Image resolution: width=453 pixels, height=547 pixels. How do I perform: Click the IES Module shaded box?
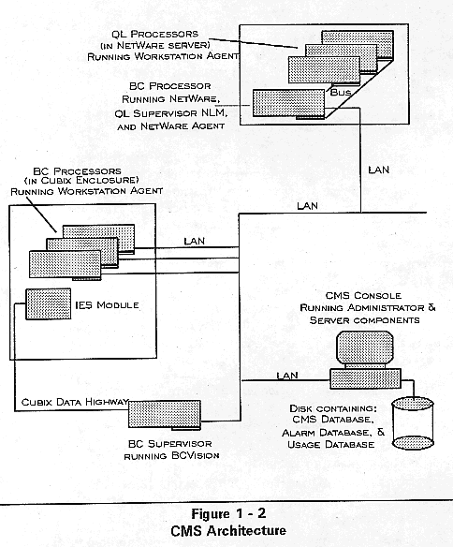pos(48,303)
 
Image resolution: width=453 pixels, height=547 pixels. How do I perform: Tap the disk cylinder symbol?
pos(413,423)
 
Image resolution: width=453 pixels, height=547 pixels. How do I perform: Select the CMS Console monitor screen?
pos(365,347)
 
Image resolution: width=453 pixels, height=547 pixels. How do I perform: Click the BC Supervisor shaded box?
pos(165,414)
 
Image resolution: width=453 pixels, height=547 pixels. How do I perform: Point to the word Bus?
pos(341,92)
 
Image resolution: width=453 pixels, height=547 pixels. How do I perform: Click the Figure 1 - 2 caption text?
pos(228,513)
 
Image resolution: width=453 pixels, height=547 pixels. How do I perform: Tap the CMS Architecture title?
pos(228,530)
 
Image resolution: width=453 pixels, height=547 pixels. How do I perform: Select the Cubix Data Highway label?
pos(75,402)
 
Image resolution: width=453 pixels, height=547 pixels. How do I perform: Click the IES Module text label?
pos(107,305)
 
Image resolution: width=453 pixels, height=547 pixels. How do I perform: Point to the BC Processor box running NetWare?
pos(288,103)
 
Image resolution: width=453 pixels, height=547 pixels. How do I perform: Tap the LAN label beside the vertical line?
pos(379,170)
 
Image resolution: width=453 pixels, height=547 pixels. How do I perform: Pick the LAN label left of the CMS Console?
pos(287,376)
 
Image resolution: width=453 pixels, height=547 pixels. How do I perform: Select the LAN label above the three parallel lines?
pos(194,241)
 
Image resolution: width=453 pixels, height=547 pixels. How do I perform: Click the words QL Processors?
pos(155,34)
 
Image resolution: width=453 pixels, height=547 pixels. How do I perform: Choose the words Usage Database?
pos(331,444)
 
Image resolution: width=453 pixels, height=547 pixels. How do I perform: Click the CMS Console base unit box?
pos(366,378)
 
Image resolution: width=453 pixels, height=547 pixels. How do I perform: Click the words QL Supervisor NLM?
pos(171,113)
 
